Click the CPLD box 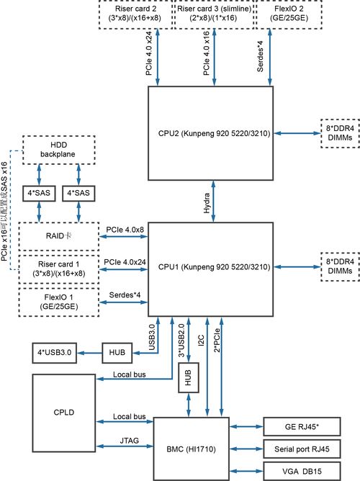64,413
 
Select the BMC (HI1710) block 191,449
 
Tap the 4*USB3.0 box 54,353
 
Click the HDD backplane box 58,150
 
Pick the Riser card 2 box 135,14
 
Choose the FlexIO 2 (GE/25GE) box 289,14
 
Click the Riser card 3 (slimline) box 214,14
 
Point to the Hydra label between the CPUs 207,203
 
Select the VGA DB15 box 302,471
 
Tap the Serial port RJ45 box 302,449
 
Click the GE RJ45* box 302,426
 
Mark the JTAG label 129,441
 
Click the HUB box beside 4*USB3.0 117,353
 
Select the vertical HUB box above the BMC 188,377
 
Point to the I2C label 201,341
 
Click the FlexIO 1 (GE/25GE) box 59,302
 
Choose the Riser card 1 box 59,269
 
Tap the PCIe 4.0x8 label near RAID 125,230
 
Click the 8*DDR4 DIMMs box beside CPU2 340,133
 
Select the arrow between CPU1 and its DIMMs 297,267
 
